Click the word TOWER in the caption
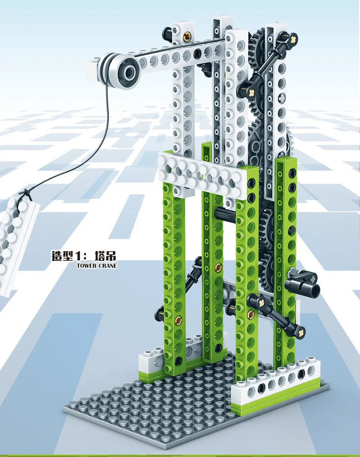coord(87,265)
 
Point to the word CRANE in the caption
coord(108,265)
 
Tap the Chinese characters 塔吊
coord(105,255)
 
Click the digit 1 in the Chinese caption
coord(77,255)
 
